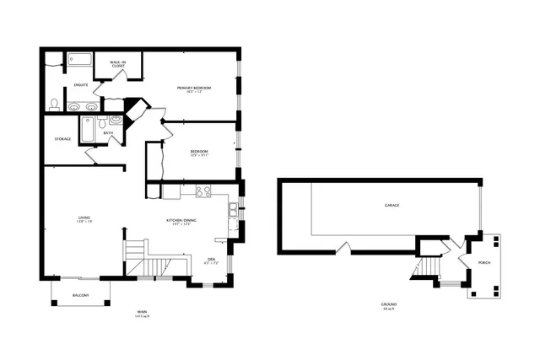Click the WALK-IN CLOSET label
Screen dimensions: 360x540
point(118,63)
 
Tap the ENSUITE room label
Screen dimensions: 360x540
point(81,84)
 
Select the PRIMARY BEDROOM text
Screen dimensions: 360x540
point(193,88)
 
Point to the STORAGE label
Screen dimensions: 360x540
point(62,138)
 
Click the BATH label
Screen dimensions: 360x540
point(108,132)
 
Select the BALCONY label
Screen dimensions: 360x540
point(80,295)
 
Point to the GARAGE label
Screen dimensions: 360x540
point(391,205)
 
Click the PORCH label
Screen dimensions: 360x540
point(483,262)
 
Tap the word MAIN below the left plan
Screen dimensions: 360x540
point(142,313)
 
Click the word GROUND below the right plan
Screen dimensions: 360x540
point(389,304)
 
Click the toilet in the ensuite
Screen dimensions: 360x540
point(54,104)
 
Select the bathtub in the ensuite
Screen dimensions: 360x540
point(80,60)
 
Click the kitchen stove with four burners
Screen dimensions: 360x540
point(202,191)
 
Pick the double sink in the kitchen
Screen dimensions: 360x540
point(233,208)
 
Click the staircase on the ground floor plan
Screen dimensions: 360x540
point(425,269)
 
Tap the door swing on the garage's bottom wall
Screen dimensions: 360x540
point(342,249)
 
